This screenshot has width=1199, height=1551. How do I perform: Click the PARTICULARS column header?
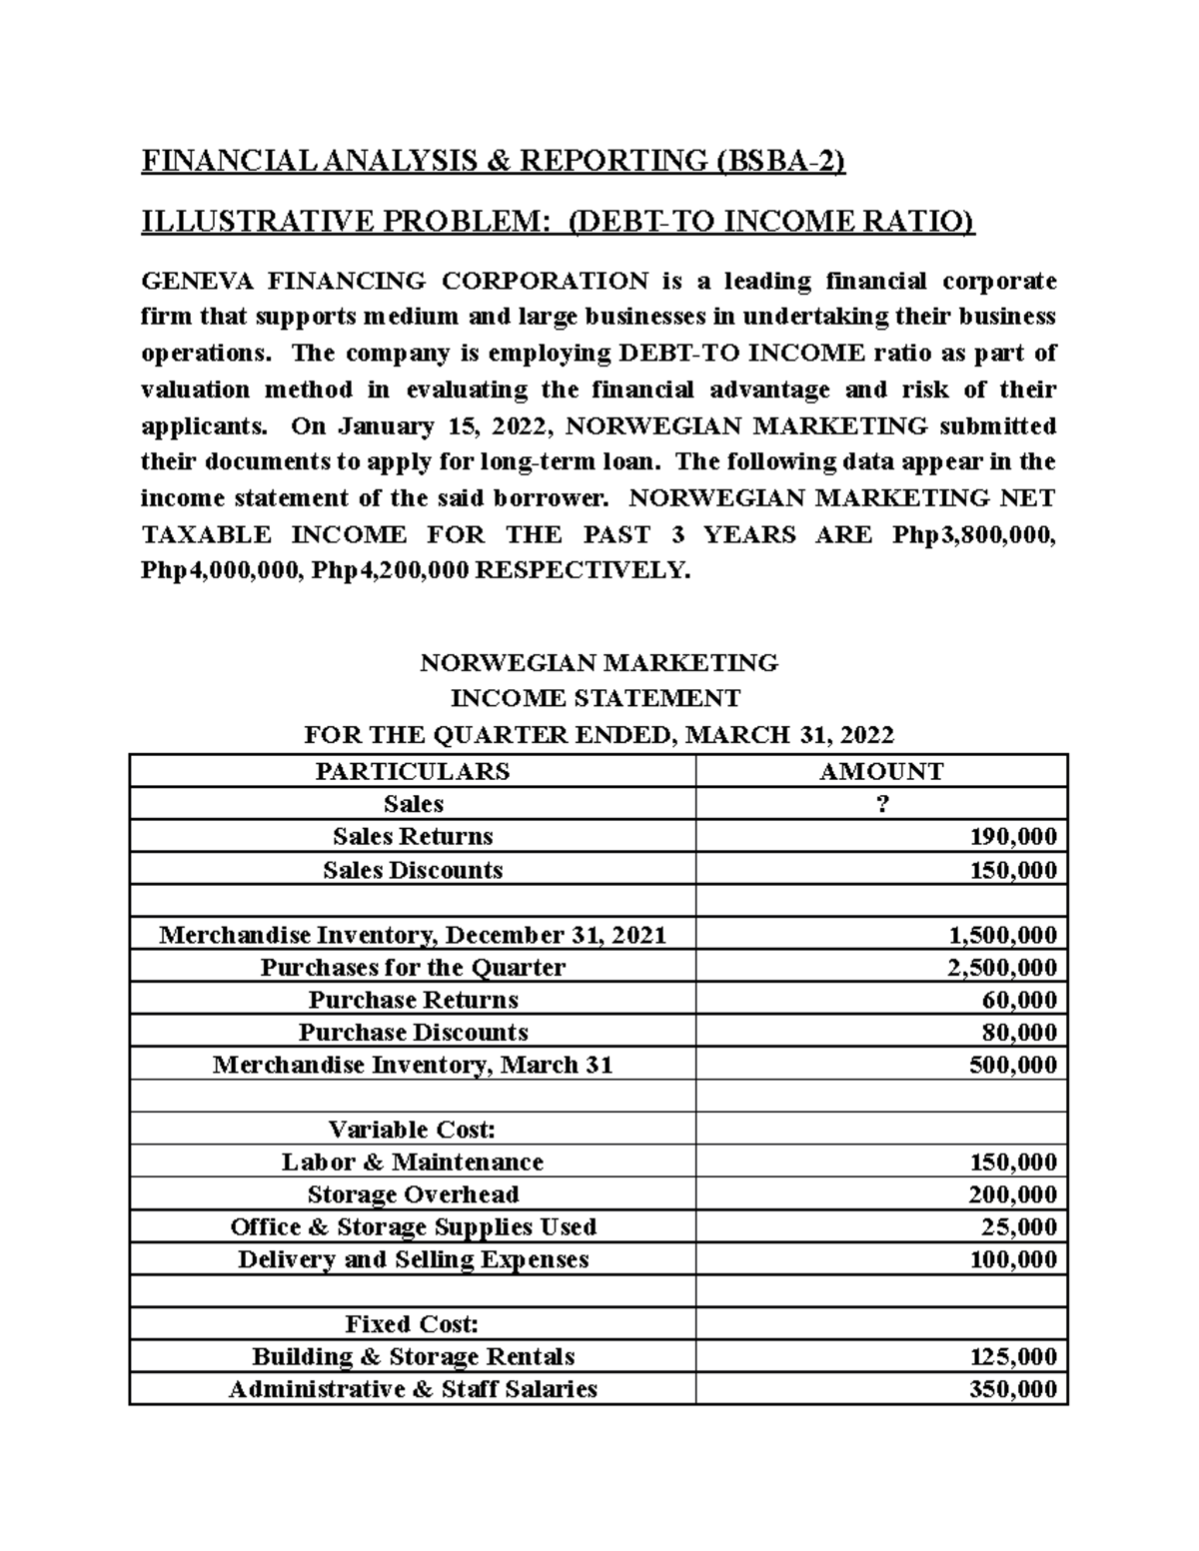tap(412, 771)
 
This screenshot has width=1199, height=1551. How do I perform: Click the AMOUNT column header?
tap(880, 771)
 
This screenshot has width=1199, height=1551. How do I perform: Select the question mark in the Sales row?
tap(880, 804)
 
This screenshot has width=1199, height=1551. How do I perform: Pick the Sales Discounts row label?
tap(412, 869)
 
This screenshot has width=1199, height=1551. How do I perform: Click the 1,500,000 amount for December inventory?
tap(1001, 935)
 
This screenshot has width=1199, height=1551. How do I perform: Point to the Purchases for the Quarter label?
tap(412, 967)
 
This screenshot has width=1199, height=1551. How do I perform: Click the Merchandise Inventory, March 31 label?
tap(412, 1065)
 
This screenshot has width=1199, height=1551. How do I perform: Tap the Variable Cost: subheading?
tap(412, 1130)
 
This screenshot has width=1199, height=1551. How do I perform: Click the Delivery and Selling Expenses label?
tap(412, 1259)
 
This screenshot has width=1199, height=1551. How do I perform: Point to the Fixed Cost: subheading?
tap(412, 1324)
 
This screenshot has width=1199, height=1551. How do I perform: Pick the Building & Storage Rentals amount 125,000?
tap(1012, 1356)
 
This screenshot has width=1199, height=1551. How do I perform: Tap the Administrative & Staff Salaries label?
tap(412, 1389)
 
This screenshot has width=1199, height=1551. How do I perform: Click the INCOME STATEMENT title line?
tap(598, 697)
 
